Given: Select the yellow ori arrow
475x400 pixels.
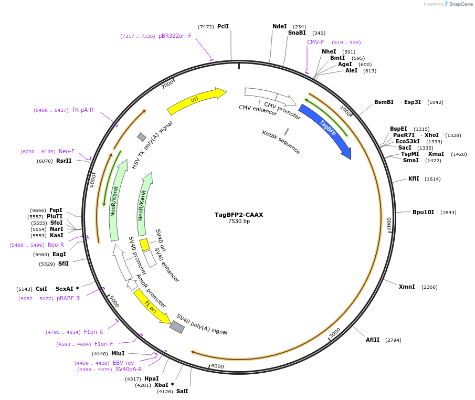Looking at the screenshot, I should pyautogui.click(x=196, y=101).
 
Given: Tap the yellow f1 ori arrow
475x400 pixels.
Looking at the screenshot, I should pyautogui.click(x=151, y=307).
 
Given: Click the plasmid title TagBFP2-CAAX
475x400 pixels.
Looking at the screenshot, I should pyautogui.click(x=239, y=214).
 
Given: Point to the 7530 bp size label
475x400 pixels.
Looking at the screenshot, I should pyautogui.click(x=239, y=222).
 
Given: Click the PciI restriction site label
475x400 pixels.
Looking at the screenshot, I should pyautogui.click(x=223, y=26).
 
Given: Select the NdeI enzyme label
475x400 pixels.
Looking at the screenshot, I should pyautogui.click(x=280, y=26).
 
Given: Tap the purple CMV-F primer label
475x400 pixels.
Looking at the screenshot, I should pyautogui.click(x=315, y=42).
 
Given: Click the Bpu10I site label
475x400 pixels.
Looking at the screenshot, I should pyautogui.click(x=423, y=212).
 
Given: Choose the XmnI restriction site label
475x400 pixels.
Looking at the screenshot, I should pyautogui.click(x=407, y=287).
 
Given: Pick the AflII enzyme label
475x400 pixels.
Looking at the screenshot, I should pyautogui.click(x=373, y=340).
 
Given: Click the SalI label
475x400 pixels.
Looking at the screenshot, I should pyautogui.click(x=182, y=391).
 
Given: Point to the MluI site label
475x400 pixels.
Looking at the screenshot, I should pyautogui.click(x=118, y=353).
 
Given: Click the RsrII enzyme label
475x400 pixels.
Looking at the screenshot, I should pyautogui.click(x=64, y=161).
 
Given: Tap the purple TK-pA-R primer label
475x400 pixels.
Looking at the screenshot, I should pyautogui.click(x=83, y=110).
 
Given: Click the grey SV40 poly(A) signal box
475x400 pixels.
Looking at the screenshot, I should pyautogui.click(x=177, y=327).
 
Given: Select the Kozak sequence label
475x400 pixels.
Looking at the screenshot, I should pyautogui.click(x=281, y=142).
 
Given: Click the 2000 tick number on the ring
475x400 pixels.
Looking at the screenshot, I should pyautogui.click(x=389, y=224).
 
